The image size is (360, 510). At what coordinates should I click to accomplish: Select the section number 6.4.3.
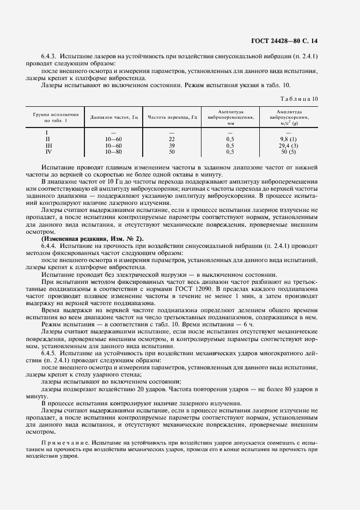[51, 57]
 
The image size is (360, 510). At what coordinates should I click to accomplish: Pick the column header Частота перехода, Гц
[171, 117]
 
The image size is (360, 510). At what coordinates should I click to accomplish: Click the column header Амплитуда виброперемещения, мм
[229, 117]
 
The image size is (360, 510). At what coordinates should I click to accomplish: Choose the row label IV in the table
[47, 152]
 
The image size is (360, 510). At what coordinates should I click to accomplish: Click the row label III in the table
[47, 146]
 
